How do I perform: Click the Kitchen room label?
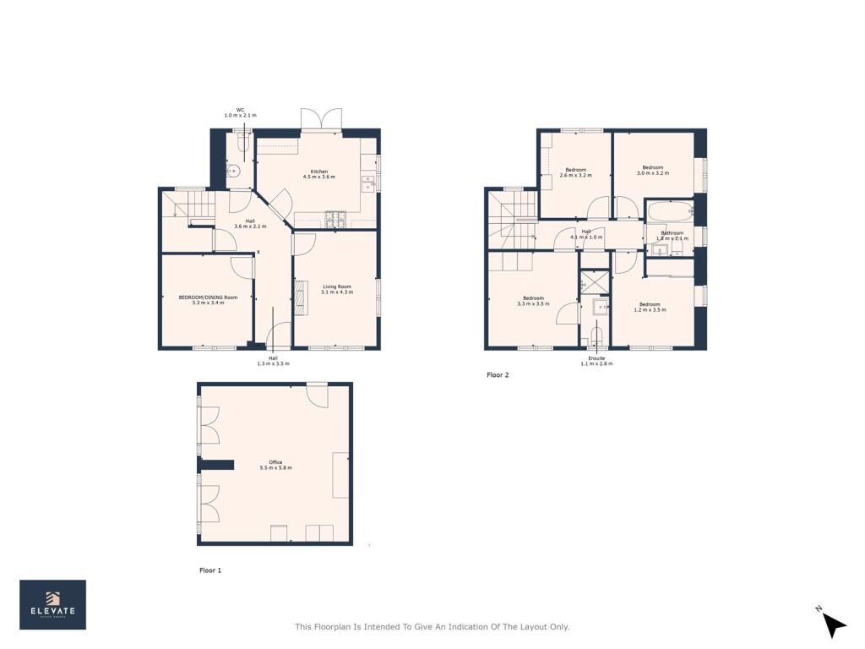pos(319,174)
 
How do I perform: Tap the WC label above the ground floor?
pos(240,112)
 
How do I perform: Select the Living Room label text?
pos(337,289)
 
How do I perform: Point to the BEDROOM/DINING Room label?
pos(208,300)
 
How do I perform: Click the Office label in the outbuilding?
pos(275,465)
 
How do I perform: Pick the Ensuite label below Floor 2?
pos(596,361)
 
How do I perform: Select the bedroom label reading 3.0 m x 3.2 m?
pos(652,170)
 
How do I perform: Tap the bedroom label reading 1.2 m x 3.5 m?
pos(650,307)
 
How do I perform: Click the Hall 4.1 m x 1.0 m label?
pos(586,234)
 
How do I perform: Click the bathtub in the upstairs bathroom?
pos(670,210)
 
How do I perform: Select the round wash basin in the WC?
pos(234,172)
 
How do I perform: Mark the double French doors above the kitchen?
pos(322,119)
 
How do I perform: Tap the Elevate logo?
pos(52,605)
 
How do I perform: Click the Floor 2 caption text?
pos(498,374)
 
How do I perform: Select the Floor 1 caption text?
pos(210,570)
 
